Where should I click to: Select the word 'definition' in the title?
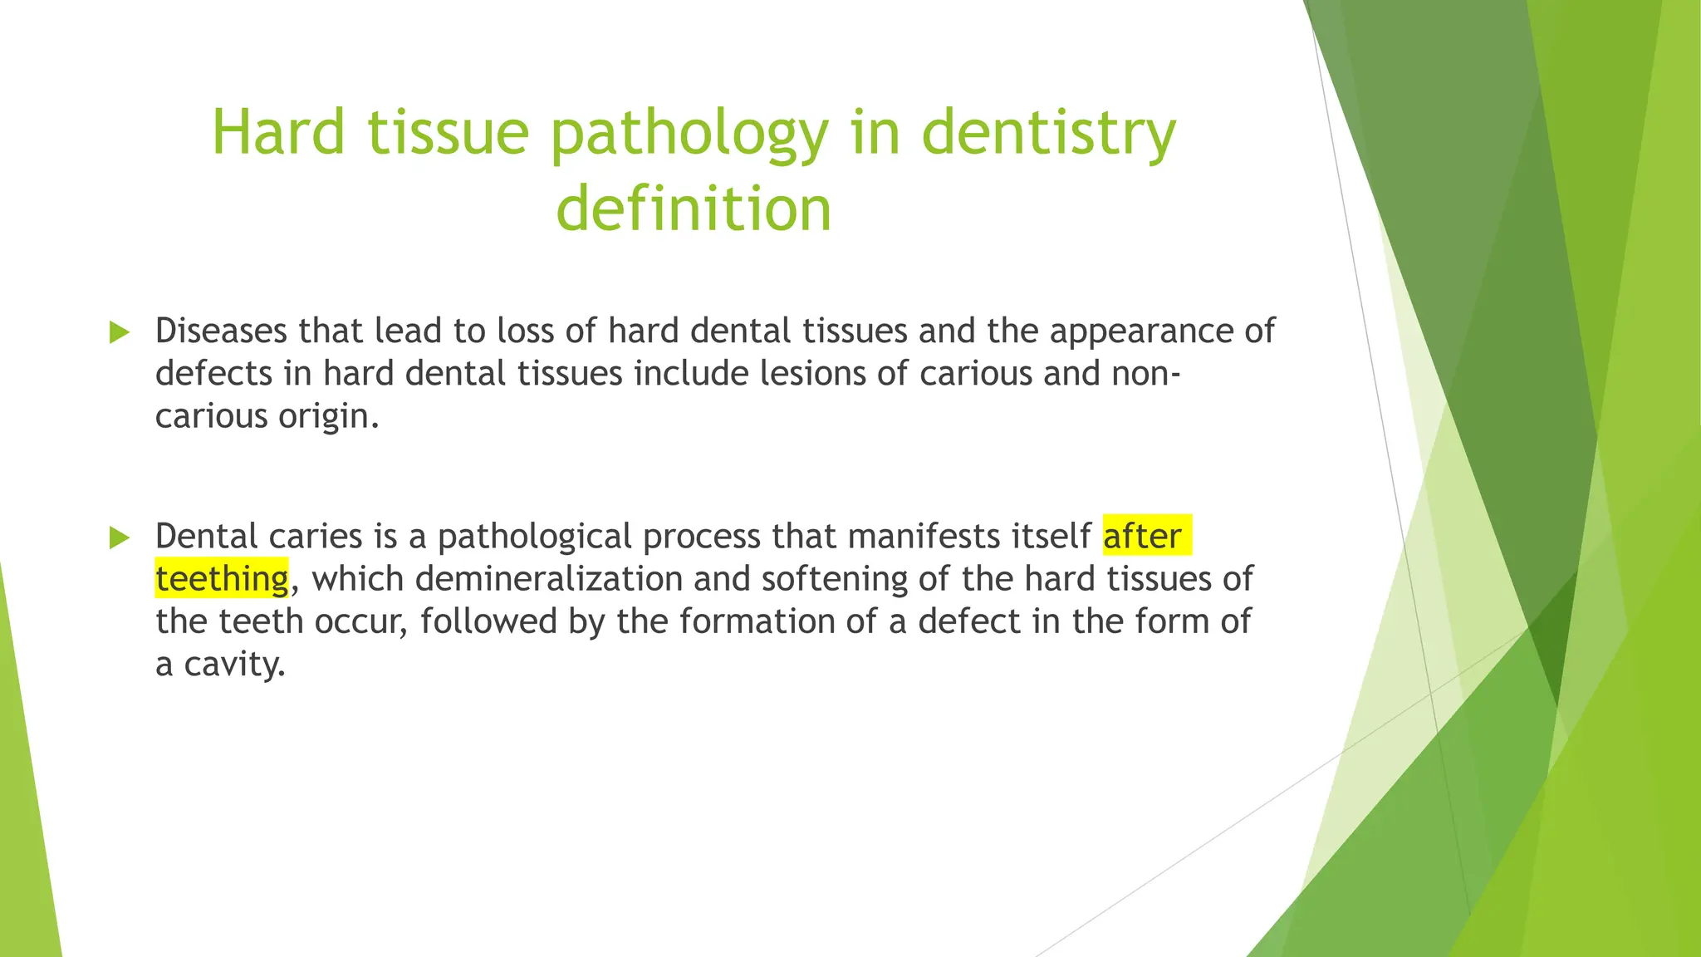694,209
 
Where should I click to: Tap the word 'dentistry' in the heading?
1048,133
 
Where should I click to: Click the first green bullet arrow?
120,333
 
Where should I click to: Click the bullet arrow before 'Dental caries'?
120,538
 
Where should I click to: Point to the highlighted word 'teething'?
222,579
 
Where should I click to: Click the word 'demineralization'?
549,579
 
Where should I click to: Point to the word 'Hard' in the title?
277,133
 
